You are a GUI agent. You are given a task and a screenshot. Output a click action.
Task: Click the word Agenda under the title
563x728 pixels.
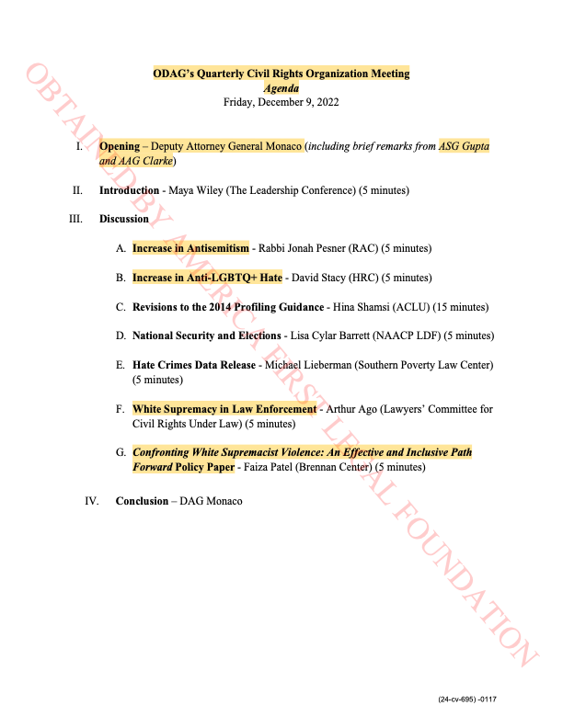click(x=281, y=88)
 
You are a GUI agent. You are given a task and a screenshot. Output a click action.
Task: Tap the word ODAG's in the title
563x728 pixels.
click(x=172, y=74)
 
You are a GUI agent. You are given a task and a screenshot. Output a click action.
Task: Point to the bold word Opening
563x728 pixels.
click(x=119, y=146)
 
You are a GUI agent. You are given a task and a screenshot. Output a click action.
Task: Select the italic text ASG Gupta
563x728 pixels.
click(x=464, y=146)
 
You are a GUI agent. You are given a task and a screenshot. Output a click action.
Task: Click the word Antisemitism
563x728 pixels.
click(x=217, y=248)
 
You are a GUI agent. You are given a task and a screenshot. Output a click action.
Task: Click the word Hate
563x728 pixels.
click(x=271, y=278)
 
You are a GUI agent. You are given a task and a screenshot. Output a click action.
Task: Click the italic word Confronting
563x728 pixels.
click(x=161, y=452)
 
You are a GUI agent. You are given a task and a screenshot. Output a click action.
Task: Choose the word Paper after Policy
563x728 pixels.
click(x=221, y=467)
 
